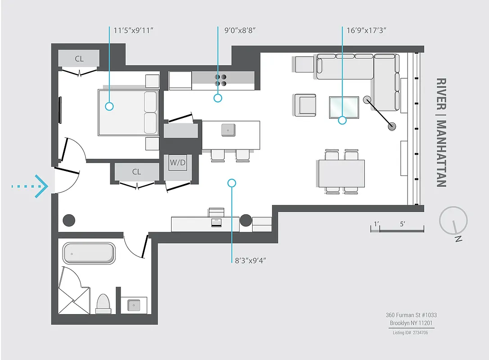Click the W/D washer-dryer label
[x=177, y=162]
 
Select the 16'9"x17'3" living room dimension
[x=367, y=31]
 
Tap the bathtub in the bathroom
[x=89, y=253]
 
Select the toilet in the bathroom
[x=103, y=304]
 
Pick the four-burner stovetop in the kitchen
[x=221, y=80]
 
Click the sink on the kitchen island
[x=228, y=130]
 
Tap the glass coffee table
[x=344, y=107]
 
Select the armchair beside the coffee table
[x=305, y=105]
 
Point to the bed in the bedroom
[x=128, y=112]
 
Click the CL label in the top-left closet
[x=79, y=59]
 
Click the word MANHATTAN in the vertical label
[x=441, y=153]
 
